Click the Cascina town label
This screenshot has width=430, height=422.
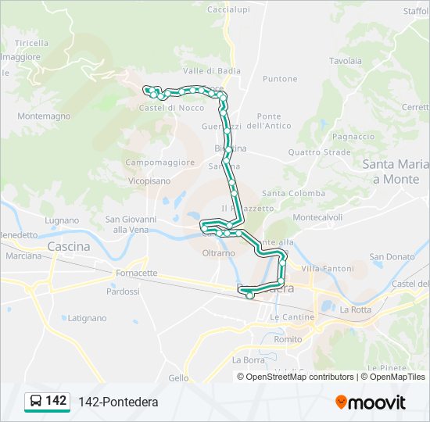tap(69, 246)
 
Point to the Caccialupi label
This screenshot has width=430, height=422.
tap(228, 9)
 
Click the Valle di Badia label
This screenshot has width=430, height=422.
tap(211, 70)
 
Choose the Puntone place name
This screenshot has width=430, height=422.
tap(280, 79)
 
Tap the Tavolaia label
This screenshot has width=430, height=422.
tap(346, 60)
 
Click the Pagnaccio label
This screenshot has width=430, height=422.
tap(353, 136)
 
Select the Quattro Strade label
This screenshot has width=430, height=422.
tap(319, 152)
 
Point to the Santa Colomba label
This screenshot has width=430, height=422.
tap(293, 193)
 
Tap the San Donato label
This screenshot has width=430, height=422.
tap(392, 256)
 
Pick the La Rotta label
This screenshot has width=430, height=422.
tap(356, 309)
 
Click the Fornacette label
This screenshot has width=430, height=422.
tap(136, 274)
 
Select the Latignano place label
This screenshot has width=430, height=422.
tap(87, 318)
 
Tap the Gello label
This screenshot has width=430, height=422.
tap(178, 377)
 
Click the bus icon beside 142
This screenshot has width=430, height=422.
tap(35, 402)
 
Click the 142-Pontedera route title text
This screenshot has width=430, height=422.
tap(118, 402)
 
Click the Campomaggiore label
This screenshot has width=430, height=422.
tap(159, 163)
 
